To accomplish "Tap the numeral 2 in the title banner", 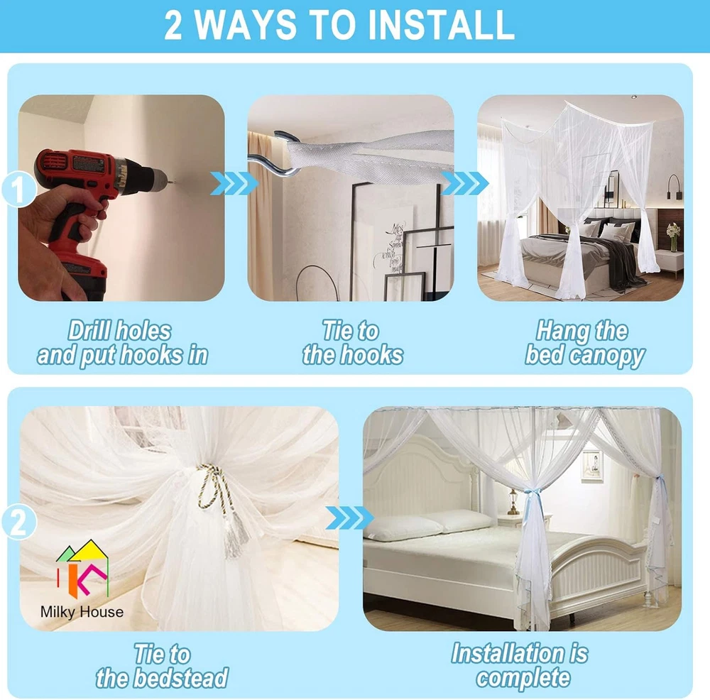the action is pos(173,25).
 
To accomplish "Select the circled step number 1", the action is pos(18,190).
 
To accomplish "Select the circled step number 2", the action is pos(18,522).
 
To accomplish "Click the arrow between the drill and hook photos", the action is pos(234,183).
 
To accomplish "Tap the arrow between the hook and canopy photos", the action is pos(464,183).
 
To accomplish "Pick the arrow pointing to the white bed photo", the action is pos(349,518).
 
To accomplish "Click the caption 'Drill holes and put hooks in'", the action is pos(122,343).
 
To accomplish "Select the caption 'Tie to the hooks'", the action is pos(352,343).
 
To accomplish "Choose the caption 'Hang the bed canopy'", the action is pos(584,344).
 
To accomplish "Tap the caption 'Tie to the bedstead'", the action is pos(162,667).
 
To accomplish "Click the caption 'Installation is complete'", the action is pos(520,666).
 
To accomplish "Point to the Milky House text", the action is pos(82,612).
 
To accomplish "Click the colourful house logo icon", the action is pos(82,568).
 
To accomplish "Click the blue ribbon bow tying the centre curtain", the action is pos(533,498).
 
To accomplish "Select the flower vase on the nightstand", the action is pos(673,237).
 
